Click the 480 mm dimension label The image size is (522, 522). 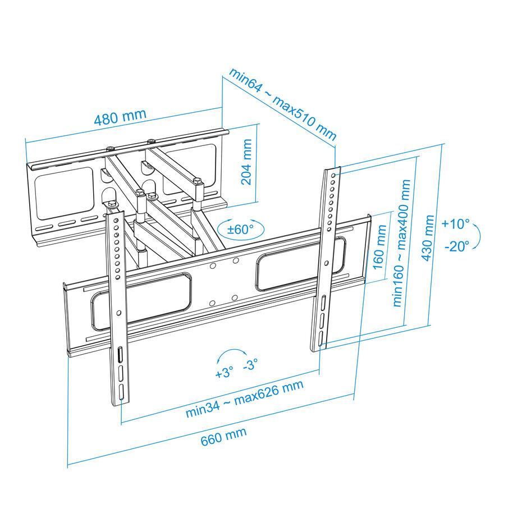pyautogui.click(x=120, y=117)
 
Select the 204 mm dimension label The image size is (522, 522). pyautogui.click(x=246, y=162)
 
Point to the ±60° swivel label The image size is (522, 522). pyautogui.click(x=240, y=229)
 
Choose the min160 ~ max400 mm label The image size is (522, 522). pyautogui.click(x=401, y=243)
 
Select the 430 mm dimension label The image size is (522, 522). pyautogui.click(x=428, y=239)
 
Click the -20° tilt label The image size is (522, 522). pyautogui.click(x=457, y=246)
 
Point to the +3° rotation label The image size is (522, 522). pyautogui.click(x=224, y=373)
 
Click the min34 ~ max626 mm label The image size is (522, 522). pyautogui.click(x=245, y=398)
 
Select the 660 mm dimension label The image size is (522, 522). pyautogui.click(x=224, y=436)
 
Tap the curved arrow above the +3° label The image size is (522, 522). pyautogui.click(x=232, y=350)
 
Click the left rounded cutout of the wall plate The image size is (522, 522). pyautogui.click(x=64, y=193)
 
